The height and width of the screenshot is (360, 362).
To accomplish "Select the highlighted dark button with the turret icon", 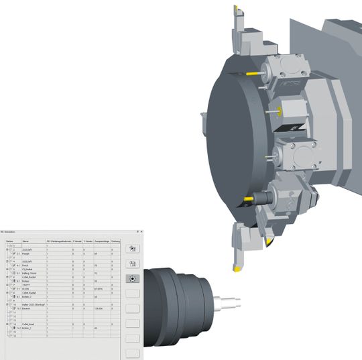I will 132,278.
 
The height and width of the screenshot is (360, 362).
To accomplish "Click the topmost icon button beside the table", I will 132,248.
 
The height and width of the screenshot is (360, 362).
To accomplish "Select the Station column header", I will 9,241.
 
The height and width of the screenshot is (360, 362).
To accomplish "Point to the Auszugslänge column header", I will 102,241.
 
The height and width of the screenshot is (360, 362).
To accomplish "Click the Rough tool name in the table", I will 27,254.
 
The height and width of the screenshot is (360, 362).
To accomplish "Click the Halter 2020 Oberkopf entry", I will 34,304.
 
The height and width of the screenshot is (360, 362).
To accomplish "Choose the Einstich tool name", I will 28,308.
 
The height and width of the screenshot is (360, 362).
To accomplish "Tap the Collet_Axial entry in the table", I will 29,324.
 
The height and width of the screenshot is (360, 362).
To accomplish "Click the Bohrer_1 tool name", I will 28,328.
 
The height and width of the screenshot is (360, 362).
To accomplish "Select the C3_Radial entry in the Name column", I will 29,269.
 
